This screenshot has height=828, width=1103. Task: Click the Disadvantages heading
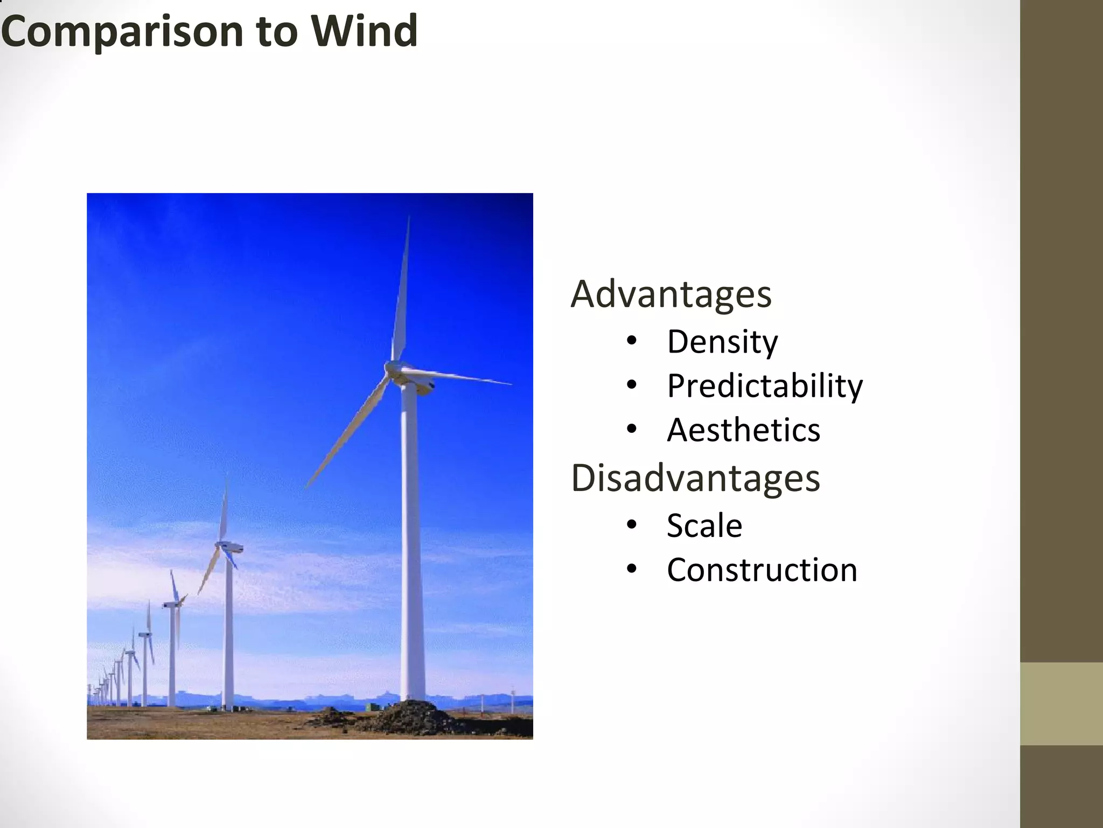695,478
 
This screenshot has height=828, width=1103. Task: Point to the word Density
722,342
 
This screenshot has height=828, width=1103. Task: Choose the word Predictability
765,387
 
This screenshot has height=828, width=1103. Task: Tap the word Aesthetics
743,430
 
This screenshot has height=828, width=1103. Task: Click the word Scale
704,526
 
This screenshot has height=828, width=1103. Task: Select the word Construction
762,570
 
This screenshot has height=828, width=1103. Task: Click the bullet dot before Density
632,341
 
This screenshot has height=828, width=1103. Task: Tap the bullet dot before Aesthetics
632,429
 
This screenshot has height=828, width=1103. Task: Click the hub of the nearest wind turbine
392,369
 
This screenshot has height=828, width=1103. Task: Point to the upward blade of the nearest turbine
401,291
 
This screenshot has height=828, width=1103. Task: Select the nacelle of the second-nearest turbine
231,547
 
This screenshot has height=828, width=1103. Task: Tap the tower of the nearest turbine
412,539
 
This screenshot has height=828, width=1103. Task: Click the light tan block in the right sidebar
1061,704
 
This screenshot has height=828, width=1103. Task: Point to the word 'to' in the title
277,32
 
